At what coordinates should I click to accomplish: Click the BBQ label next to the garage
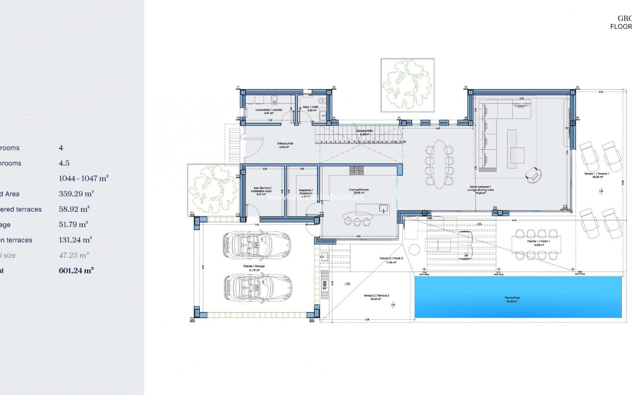click(x=325, y=285)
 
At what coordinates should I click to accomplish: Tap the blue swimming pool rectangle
click(x=518, y=297)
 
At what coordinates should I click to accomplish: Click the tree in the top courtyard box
click(x=408, y=85)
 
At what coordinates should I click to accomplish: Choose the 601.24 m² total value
click(x=76, y=271)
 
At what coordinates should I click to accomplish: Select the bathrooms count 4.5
click(x=64, y=163)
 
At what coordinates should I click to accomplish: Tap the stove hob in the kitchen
click(x=356, y=171)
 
